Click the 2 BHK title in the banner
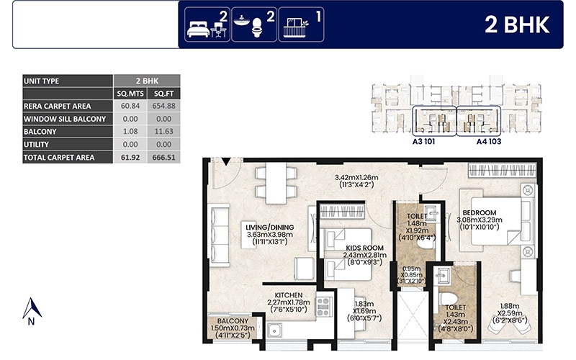coord(517,24)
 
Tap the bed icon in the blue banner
coord(199,29)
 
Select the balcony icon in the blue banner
coord(296,27)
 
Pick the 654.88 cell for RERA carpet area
coord(163,106)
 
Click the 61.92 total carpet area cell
coord(130,157)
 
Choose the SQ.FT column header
coord(163,94)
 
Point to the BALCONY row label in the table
coord(40,132)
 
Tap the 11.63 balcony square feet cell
coord(163,132)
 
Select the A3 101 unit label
coord(423,141)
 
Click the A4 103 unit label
coord(489,141)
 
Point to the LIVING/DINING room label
coord(269,228)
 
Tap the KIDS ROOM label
coord(364,248)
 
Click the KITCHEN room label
coord(289,295)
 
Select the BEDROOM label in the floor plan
coord(480,212)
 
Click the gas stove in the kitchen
coord(323,307)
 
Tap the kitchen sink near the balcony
coord(275,330)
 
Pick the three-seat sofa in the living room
coord(219,233)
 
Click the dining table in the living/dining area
coord(276,183)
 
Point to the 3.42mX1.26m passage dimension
coord(356,177)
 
